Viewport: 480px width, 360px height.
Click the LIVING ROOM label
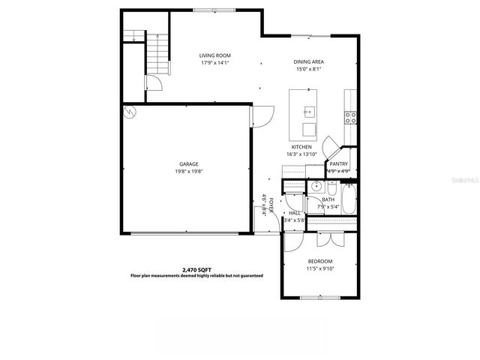coord(214,55)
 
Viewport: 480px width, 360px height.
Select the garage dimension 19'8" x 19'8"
coord(188,171)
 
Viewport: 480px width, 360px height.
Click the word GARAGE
coord(188,163)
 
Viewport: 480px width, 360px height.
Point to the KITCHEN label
coord(301,147)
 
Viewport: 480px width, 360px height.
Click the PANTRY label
coord(339,163)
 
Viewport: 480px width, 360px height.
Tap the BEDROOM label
coord(319,261)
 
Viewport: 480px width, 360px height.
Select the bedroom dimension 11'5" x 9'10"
coord(319,268)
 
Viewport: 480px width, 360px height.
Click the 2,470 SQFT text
coord(196,269)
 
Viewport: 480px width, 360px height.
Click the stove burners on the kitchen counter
coord(349,116)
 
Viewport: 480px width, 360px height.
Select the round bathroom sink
coord(316,186)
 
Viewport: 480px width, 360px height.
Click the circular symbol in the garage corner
coord(129,112)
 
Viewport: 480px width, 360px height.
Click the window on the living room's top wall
coord(212,10)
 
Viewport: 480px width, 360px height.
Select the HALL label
coord(295,213)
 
